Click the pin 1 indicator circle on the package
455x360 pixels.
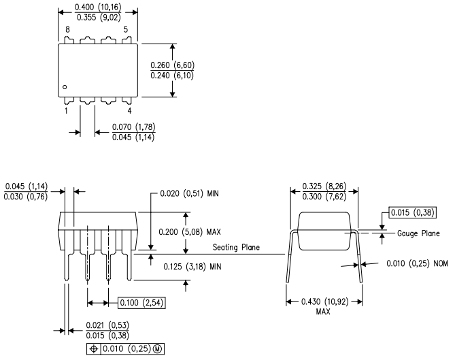tap(65, 87)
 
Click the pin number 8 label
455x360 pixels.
tap(67, 30)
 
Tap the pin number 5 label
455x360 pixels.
tap(126, 30)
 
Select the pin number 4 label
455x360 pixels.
tap(129, 110)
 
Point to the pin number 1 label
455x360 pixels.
tap(66, 110)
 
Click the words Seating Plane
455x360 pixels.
tap(235, 247)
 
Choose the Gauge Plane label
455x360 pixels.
tap(418, 233)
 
